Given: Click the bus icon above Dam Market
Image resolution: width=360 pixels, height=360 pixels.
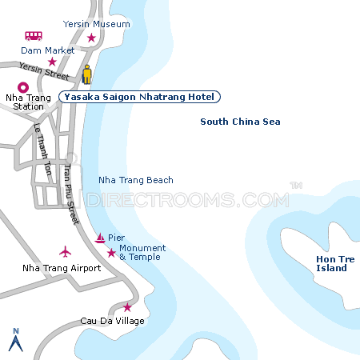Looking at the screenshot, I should point(34,36).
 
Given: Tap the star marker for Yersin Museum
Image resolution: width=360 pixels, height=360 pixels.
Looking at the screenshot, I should point(91,38).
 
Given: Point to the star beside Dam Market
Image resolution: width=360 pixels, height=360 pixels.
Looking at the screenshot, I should point(52,62).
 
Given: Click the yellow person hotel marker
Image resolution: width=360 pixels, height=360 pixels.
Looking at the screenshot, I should point(87,74).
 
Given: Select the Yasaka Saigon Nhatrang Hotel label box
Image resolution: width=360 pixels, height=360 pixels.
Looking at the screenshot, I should point(139,97).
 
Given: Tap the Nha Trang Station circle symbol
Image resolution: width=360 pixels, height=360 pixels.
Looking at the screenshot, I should point(22,88).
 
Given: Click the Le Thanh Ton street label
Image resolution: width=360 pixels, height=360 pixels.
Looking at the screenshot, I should point(42,150).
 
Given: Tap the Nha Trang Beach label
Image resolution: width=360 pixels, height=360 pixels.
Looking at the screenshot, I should point(135,181).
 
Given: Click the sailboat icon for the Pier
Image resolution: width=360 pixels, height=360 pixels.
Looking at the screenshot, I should point(100,238).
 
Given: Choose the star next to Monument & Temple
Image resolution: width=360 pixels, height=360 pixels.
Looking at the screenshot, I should point(111,254).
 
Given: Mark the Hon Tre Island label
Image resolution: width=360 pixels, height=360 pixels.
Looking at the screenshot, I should point(332,264).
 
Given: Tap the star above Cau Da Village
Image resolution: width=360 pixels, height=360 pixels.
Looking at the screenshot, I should point(127,307).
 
